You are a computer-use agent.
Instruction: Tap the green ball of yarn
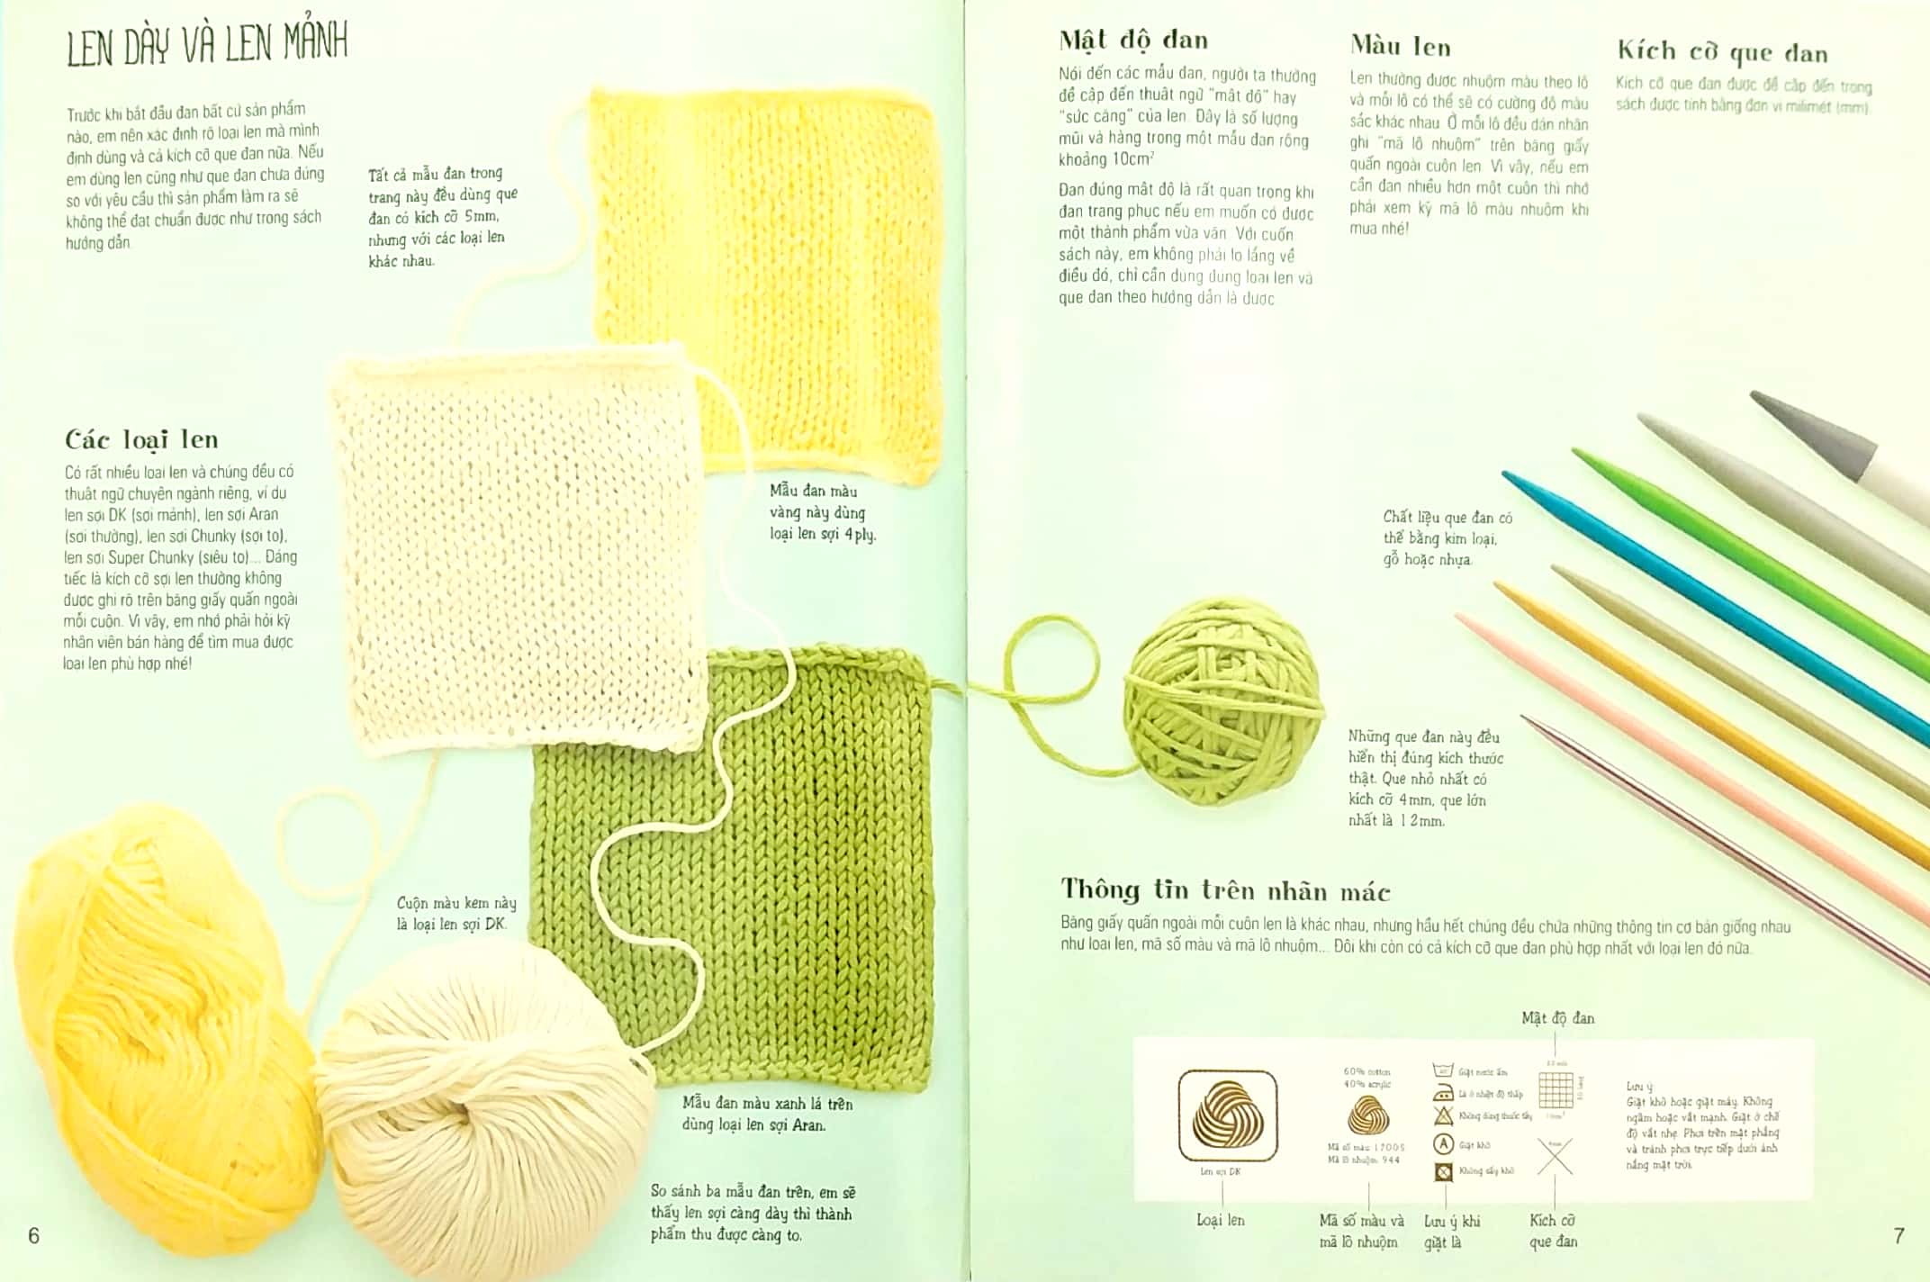pos(1224,702)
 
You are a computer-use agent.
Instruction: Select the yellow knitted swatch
pos(765,270)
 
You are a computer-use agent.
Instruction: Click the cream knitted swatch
pos(518,549)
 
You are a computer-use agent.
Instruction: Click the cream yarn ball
pos(486,1107)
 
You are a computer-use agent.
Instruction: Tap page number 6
pos(34,1235)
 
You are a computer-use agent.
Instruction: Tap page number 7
pos(1898,1236)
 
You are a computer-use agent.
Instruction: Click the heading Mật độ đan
pos(1133,41)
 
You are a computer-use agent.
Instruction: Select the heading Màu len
pos(1400,47)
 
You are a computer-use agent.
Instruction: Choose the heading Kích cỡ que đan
pos(1722,52)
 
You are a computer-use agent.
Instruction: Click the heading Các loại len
pos(141,439)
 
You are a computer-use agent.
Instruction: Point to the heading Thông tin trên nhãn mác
pos(1225,890)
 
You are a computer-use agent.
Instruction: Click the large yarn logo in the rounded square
pos(1228,1115)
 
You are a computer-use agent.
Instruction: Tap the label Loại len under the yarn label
pos(1220,1220)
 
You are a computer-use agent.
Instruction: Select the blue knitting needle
pos(1710,603)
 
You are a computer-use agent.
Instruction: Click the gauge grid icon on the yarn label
pos(1556,1090)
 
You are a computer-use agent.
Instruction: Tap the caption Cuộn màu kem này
pos(456,903)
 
